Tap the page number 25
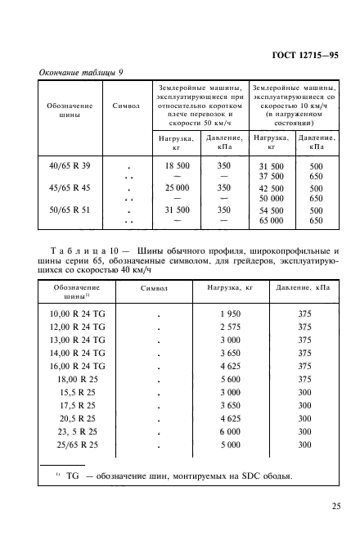pos(336,507)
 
